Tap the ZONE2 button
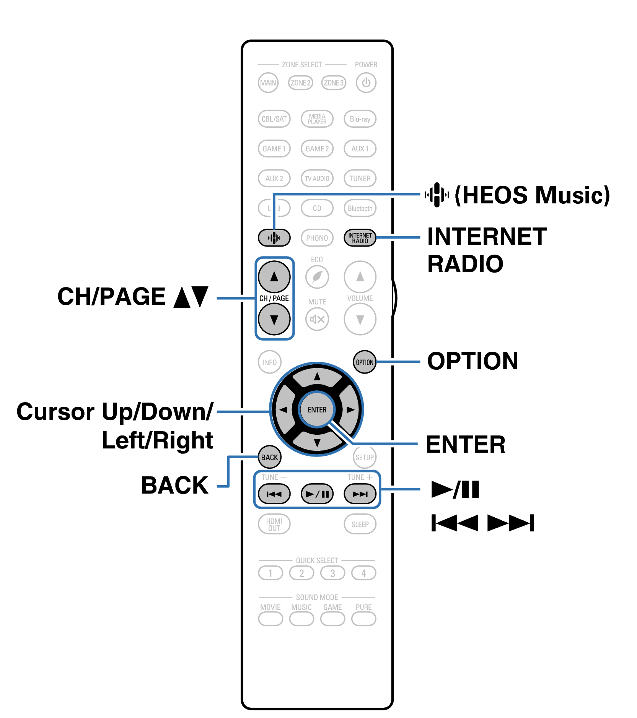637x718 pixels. (300, 83)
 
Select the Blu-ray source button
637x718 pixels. (360, 119)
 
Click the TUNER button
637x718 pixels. (360, 178)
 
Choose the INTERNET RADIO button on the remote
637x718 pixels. (360, 238)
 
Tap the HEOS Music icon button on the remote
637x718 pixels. (274, 238)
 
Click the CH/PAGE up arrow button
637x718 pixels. (274, 276)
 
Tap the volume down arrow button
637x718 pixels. (360, 319)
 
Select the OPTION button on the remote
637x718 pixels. (364, 362)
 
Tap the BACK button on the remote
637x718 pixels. (269, 457)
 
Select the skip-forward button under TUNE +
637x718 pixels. (360, 494)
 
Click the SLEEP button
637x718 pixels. (360, 524)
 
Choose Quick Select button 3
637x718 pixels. (332, 573)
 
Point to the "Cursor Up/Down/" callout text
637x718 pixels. (115, 412)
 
